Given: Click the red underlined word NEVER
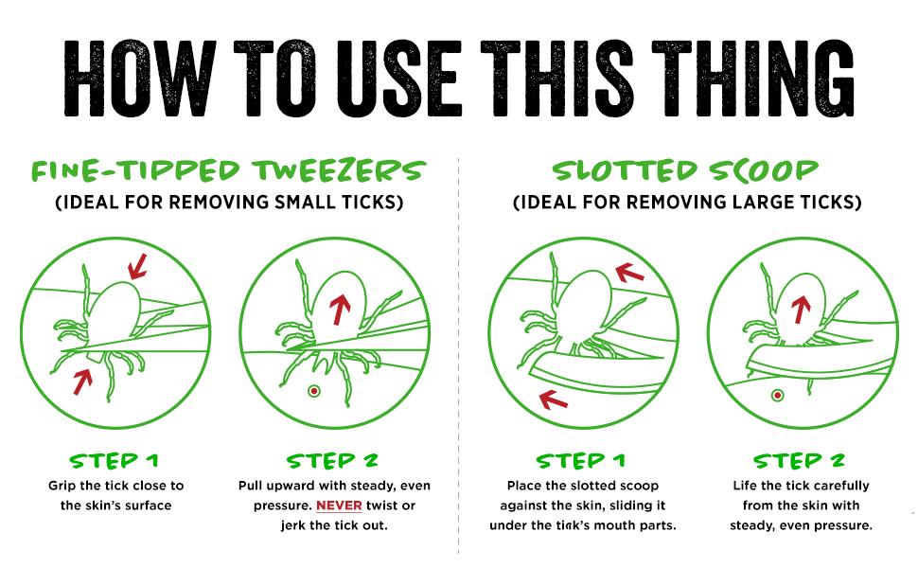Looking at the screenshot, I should (339, 506).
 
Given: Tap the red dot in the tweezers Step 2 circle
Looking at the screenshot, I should (313, 392).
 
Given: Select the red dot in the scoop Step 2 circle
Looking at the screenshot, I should (778, 395).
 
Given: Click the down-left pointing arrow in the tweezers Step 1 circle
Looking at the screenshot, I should (137, 264).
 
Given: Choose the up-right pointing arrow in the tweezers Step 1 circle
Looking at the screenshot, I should (83, 381).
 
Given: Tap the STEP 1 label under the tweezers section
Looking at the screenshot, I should (115, 461).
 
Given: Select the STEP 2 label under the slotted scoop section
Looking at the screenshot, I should (799, 461).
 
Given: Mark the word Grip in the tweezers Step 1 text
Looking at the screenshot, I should (63, 486).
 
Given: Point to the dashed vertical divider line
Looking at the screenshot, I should (459, 360).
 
